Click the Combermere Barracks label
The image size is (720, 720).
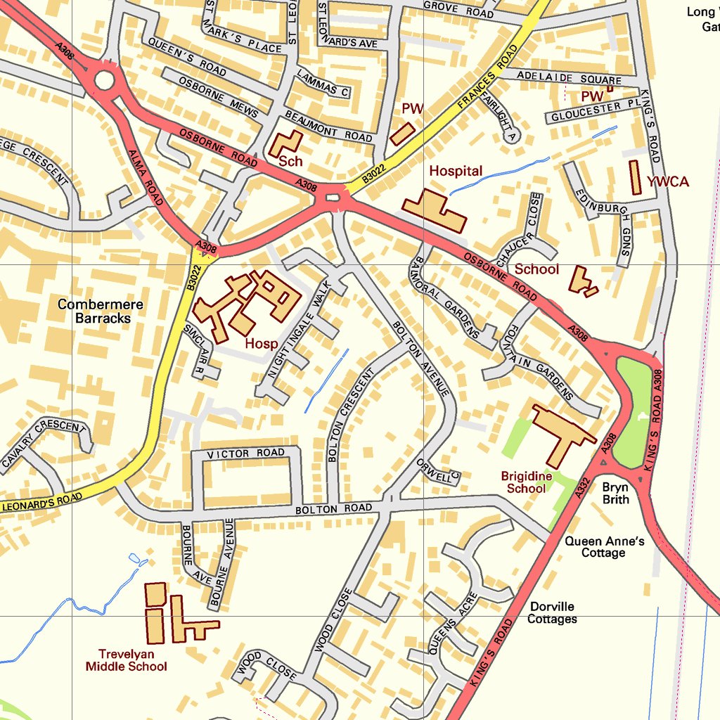point(101,311)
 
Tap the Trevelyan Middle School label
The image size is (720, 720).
point(127,660)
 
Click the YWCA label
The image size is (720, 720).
point(668,182)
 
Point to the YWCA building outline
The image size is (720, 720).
point(635,177)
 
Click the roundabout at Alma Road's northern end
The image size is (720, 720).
point(104,81)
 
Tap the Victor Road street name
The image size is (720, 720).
point(246,454)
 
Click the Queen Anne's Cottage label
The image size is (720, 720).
point(604,547)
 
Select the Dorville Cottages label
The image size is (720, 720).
point(552,612)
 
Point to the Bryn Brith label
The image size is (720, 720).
point(615,493)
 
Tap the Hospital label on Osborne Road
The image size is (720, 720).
point(456,171)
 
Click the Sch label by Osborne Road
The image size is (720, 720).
point(290,161)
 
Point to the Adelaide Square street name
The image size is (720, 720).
point(568,77)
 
